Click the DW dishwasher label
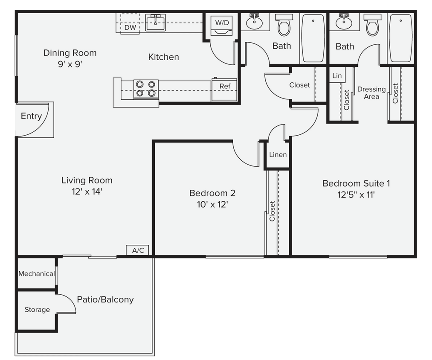pyautogui.click(x=130, y=28)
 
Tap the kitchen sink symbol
pyautogui.click(x=156, y=22)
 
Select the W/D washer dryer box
pyautogui.click(x=221, y=26)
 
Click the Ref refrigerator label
pyautogui.click(x=225, y=86)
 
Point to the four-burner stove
pyautogui.click(x=146, y=89)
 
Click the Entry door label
pyautogui.click(x=31, y=116)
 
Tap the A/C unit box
pyautogui.click(x=138, y=250)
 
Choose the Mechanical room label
pyautogui.click(x=36, y=274)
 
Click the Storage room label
pyautogui.click(x=37, y=310)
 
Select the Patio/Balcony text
pyautogui.click(x=105, y=299)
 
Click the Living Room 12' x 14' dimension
pyautogui.click(x=87, y=192)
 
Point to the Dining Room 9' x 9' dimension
pyautogui.click(x=70, y=64)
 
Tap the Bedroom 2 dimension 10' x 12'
pyautogui.click(x=212, y=205)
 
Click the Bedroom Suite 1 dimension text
pyautogui.click(x=356, y=195)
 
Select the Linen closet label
pyautogui.click(x=278, y=155)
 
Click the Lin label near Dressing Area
pyautogui.click(x=337, y=76)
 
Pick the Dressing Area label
pyautogui.click(x=371, y=93)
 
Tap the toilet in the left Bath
pyautogui.click(x=283, y=25)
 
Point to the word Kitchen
pyautogui.click(x=163, y=57)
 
